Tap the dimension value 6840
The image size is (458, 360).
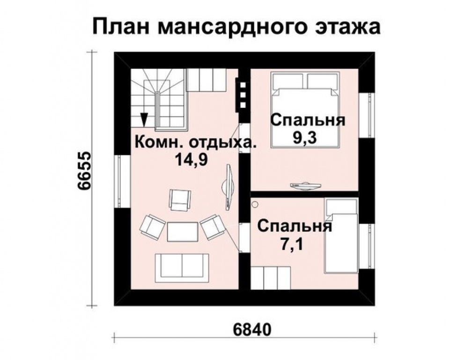point(252,330)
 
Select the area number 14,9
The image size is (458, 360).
point(191,159)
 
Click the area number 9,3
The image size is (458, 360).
point(305,137)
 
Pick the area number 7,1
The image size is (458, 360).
point(292,244)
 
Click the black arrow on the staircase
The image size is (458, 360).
point(144,120)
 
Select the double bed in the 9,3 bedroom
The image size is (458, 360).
point(306,109)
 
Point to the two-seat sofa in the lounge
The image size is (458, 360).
point(182,268)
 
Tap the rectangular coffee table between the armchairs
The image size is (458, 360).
point(183,232)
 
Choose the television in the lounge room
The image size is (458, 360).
point(228,187)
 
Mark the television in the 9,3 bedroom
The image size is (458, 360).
point(305,186)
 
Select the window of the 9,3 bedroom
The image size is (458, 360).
point(367,115)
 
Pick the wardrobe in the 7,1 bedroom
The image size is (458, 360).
point(271,277)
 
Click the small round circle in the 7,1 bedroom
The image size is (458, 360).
point(255,204)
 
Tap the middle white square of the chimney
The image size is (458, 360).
point(243,95)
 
